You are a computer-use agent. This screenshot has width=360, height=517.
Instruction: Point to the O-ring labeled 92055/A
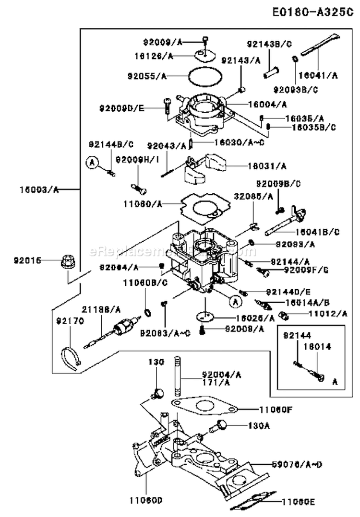[204, 76]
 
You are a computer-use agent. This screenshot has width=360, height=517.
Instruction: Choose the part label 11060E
[298, 502]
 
